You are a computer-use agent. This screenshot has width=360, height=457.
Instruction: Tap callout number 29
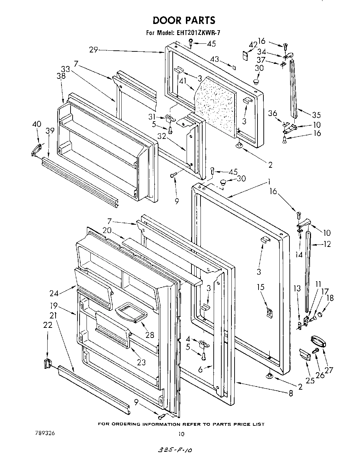pyautogui.click(x=93, y=50)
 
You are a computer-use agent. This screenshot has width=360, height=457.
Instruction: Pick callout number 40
pyautogui.click(x=36, y=124)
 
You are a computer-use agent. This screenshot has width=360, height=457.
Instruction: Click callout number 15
pyautogui.click(x=261, y=287)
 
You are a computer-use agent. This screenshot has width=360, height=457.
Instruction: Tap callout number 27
pyautogui.click(x=328, y=370)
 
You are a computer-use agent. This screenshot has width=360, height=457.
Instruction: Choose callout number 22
pyautogui.click(x=48, y=325)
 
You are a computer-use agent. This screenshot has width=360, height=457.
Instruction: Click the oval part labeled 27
pyautogui.click(x=317, y=341)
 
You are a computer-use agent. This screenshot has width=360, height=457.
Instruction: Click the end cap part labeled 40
pyautogui.click(x=36, y=149)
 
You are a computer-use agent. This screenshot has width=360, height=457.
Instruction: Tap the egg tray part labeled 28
pyautogui.click(x=131, y=311)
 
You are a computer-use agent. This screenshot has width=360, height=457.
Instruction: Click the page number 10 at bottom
pyautogui.click(x=181, y=433)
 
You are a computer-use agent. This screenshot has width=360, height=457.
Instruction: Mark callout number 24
pyautogui.click(x=54, y=293)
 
